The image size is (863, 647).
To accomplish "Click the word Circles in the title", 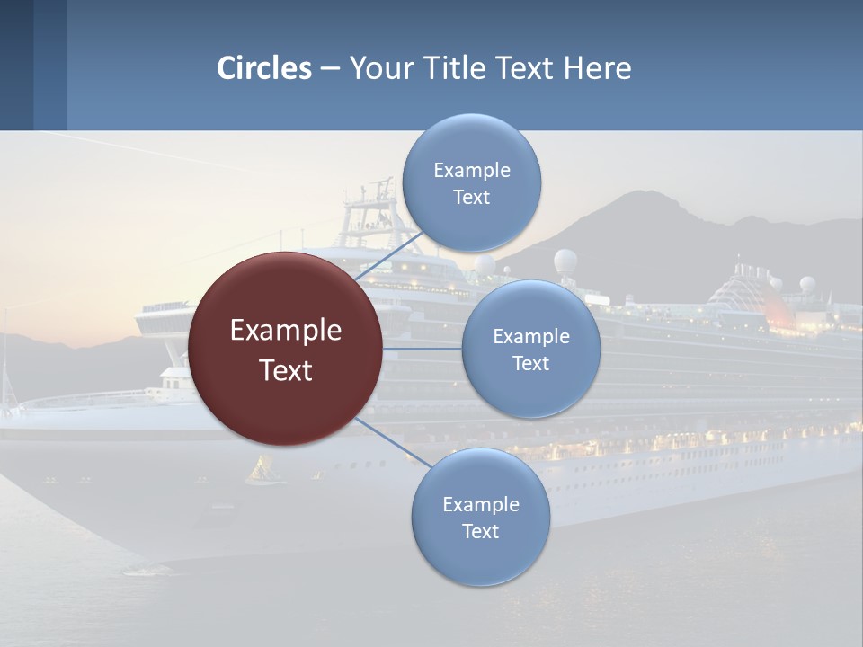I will pyautogui.click(x=264, y=68).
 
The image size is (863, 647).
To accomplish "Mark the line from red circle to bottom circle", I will pyautogui.click(x=394, y=442).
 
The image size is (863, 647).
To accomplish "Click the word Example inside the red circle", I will pyautogui.click(x=285, y=331).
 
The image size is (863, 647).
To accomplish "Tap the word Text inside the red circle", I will pyautogui.click(x=285, y=370).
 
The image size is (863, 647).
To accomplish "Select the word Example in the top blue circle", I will pyautogui.click(x=471, y=170).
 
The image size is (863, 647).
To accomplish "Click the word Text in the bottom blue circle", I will pyautogui.click(x=480, y=531).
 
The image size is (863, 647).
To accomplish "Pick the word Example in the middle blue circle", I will pyautogui.click(x=530, y=336).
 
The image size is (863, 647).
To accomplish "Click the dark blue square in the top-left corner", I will pyautogui.click(x=16, y=65).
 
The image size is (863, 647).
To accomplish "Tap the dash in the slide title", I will pyautogui.click(x=330, y=69).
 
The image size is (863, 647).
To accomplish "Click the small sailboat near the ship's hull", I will pyautogui.click(x=262, y=470).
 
